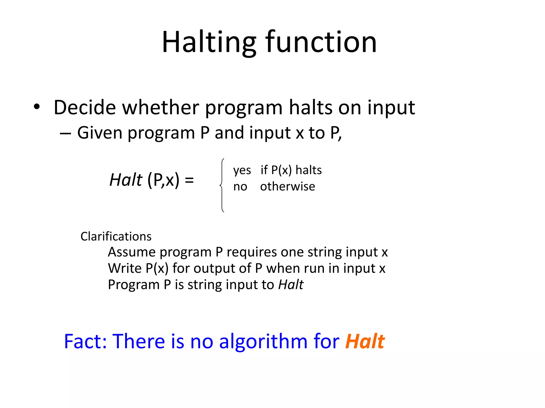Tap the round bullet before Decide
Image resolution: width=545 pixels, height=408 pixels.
coord(37,107)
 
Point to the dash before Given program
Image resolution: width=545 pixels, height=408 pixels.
coord(65,133)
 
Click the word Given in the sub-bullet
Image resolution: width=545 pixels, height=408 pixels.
coord(100,133)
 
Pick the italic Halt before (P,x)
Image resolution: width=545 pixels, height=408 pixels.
coord(126,180)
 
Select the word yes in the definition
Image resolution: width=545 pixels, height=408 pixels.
coord(242,170)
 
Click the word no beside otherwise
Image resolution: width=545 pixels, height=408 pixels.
coord(240,187)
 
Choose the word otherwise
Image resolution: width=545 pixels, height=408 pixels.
coord(287,186)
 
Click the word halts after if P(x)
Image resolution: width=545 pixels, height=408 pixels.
coord(308,170)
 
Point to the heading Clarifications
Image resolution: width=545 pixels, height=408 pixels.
coord(116,236)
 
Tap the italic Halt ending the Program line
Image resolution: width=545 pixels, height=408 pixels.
coord(291,285)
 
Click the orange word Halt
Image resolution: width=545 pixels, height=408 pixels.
coord(365,341)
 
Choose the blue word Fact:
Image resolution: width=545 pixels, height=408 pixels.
coord(85,341)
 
